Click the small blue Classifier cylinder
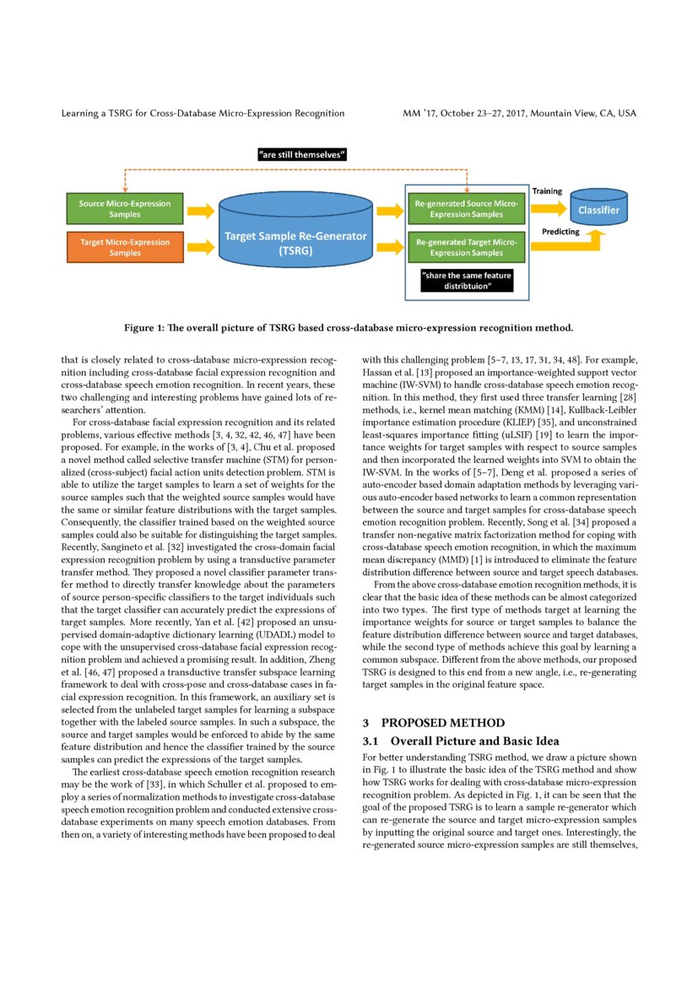598,209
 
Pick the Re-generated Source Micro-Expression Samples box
466,209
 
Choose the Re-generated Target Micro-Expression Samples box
466,247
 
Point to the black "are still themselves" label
302,155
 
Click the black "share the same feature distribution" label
467,280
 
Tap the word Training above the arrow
547,191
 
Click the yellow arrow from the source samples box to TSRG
201,210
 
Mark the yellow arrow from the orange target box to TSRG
201,247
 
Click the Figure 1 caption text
349,327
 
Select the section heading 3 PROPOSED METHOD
433,723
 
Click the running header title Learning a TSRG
203,113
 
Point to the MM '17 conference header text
519,113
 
